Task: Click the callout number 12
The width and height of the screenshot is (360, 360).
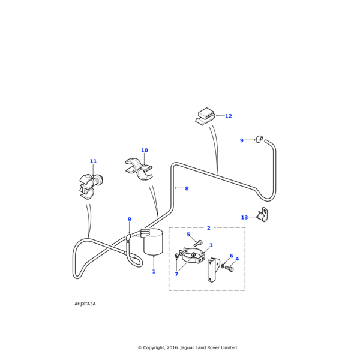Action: tap(228, 116)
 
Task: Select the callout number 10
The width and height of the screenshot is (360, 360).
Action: tap(144, 151)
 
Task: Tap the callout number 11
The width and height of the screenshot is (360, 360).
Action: tap(93, 161)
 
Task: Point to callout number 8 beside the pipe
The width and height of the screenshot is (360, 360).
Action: tap(187, 189)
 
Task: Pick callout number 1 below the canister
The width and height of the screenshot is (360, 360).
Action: tap(154, 272)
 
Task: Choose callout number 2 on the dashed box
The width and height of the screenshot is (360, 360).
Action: tap(208, 228)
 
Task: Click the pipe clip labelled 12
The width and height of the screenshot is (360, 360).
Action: tap(205, 116)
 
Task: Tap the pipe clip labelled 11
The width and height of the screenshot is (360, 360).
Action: tap(89, 185)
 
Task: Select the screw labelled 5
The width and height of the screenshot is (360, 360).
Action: tap(197, 243)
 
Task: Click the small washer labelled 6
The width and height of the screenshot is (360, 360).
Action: tap(223, 265)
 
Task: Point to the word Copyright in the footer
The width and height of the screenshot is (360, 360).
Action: tap(157, 347)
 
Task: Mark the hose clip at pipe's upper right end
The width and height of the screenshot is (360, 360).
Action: tap(259, 139)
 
